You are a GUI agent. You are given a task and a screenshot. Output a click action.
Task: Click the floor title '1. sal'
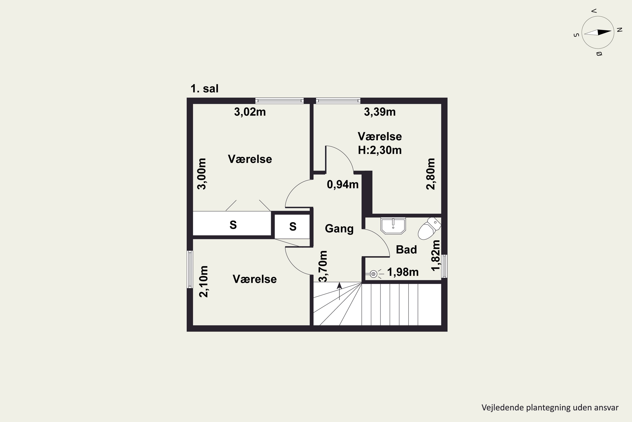point(205,89)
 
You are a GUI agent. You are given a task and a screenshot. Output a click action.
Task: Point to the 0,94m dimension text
point(343,185)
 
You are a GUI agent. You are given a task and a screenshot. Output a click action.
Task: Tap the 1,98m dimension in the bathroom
point(403,272)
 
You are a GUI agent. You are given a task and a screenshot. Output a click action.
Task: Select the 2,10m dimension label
point(204,281)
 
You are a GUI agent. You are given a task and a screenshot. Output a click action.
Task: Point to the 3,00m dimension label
point(202,174)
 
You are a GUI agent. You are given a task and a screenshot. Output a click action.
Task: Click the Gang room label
point(339,229)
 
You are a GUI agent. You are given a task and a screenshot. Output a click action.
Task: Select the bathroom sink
point(393,226)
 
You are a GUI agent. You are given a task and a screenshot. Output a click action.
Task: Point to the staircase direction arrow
point(339,291)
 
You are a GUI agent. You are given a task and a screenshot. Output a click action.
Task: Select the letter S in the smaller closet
point(293,227)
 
